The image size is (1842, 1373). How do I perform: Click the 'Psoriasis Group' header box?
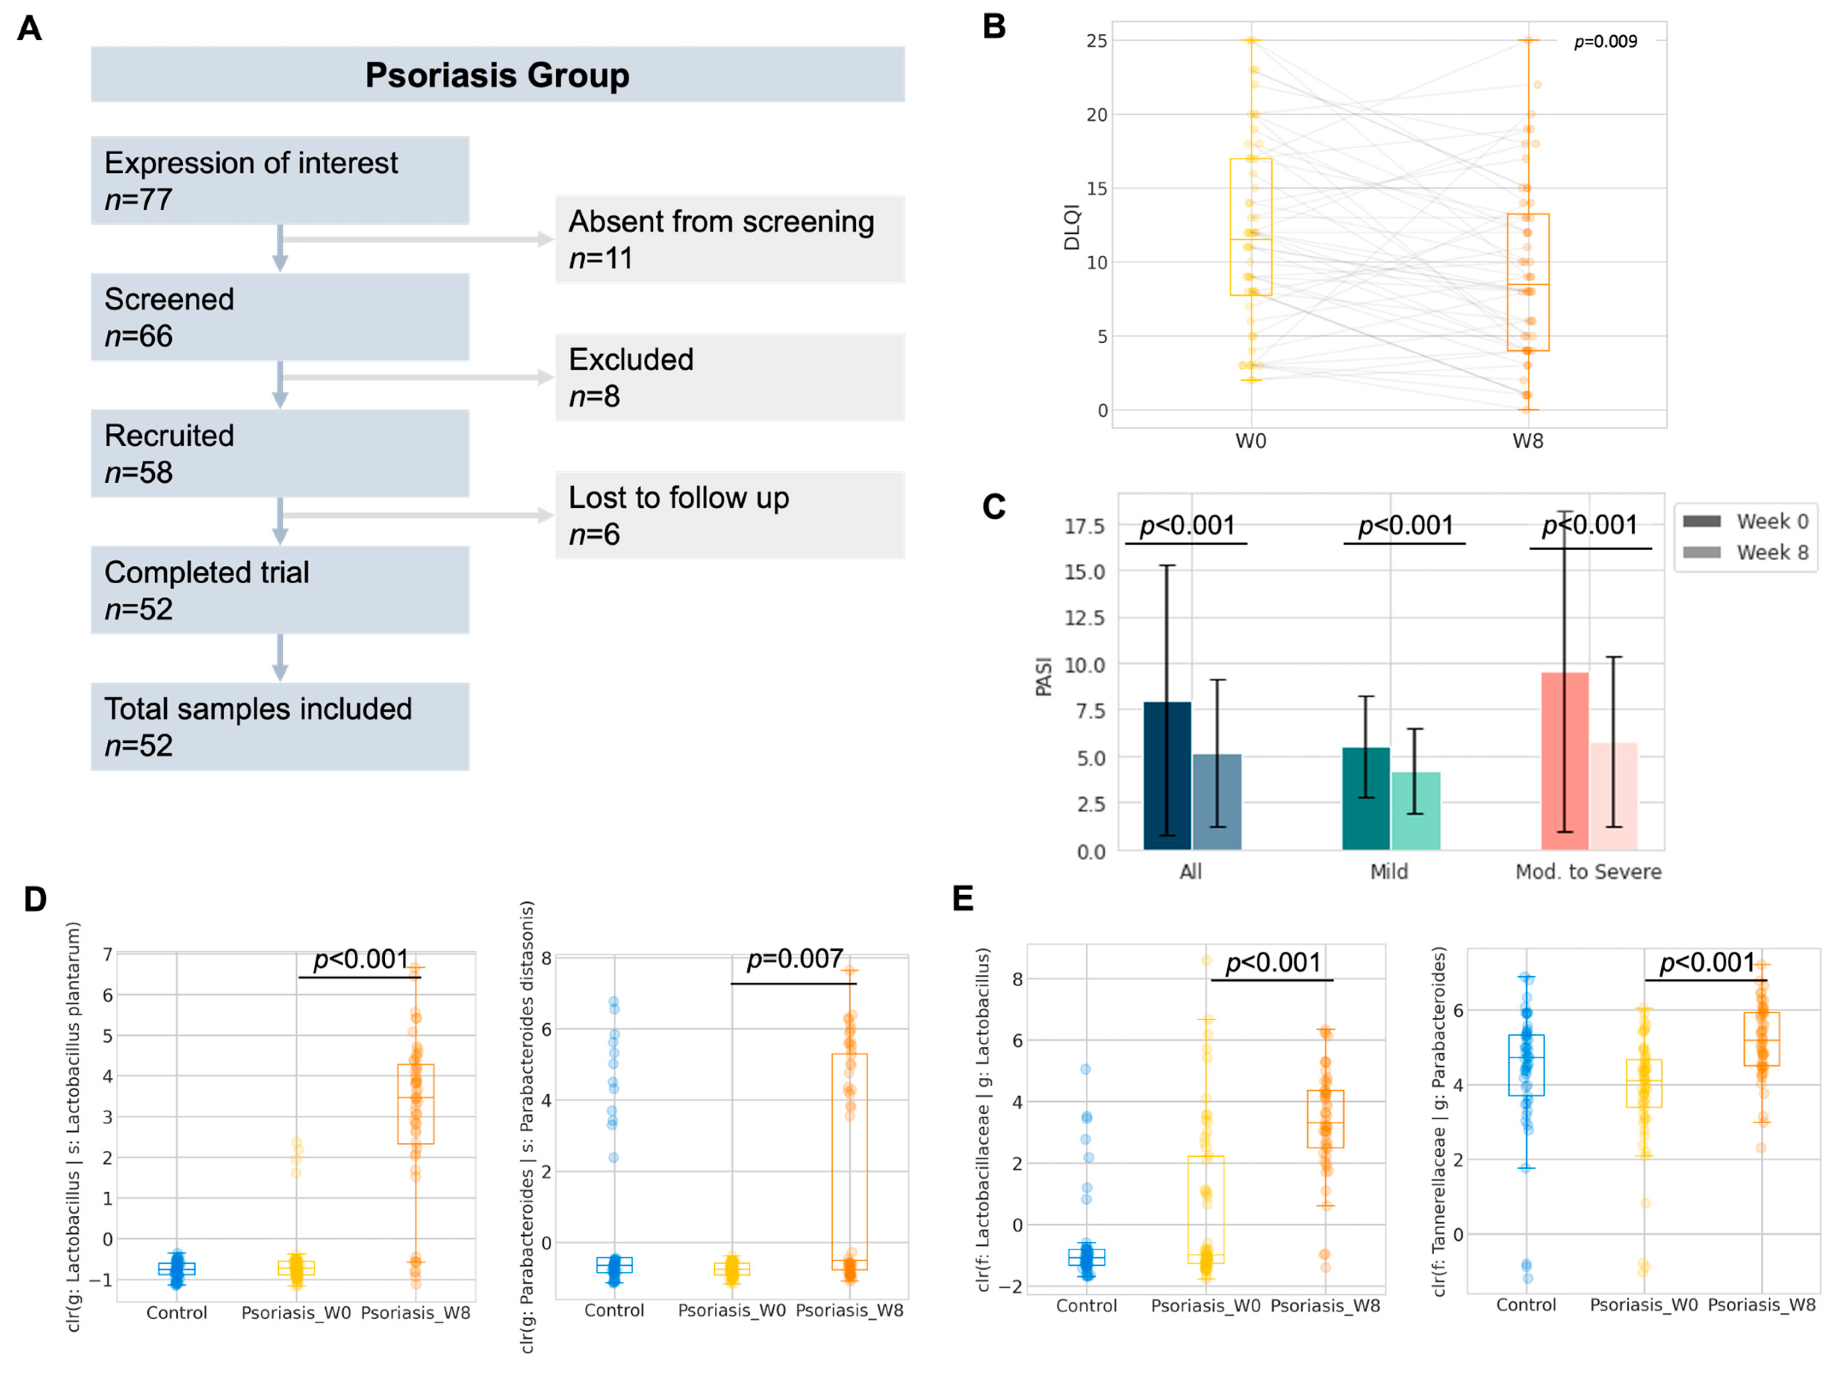[x=497, y=75]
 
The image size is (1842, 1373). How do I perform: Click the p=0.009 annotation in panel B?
[x=1604, y=41]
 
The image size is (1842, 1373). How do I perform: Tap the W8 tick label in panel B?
[x=1527, y=441]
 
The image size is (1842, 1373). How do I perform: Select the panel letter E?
[x=963, y=898]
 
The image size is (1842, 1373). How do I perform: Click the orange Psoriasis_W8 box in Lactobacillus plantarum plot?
[x=416, y=1104]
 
